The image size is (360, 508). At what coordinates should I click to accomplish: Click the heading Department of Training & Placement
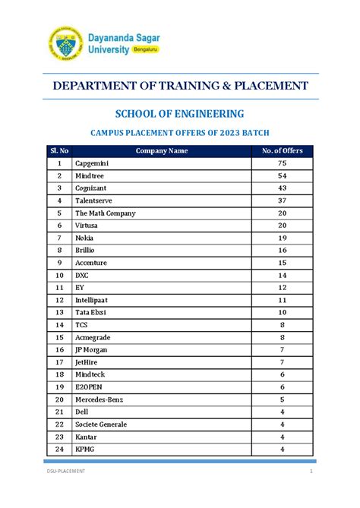(180, 85)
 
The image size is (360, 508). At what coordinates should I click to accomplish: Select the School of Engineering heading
(179, 113)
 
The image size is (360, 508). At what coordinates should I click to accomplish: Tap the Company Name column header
(161, 150)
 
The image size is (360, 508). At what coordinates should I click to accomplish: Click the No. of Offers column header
(282, 150)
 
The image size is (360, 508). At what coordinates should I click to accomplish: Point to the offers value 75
(282, 163)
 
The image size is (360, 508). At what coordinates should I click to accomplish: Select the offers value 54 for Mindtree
(282, 175)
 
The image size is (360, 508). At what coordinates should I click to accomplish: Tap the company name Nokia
(84, 238)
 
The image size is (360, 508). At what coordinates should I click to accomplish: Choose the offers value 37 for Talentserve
(282, 200)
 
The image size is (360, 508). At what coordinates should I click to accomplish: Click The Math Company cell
(105, 213)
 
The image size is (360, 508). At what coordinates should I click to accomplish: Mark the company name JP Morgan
(91, 349)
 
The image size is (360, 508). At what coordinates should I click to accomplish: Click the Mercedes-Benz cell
(99, 399)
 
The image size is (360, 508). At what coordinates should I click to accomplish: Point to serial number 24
(58, 449)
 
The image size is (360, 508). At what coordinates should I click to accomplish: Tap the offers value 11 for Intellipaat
(282, 300)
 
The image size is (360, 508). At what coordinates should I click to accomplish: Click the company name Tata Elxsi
(90, 312)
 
